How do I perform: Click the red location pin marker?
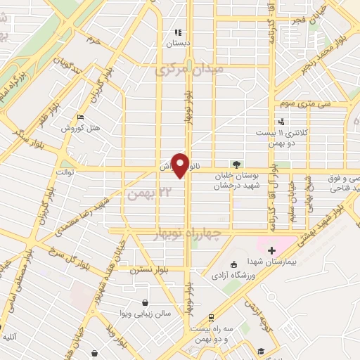(x=181, y=165)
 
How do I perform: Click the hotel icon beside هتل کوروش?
(x=79, y=117)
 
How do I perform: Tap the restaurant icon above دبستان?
(x=179, y=32)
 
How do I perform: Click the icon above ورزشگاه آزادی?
(x=234, y=264)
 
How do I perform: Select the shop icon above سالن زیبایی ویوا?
(x=145, y=303)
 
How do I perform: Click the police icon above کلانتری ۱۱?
(x=260, y=120)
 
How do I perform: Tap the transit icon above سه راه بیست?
(x=212, y=318)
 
